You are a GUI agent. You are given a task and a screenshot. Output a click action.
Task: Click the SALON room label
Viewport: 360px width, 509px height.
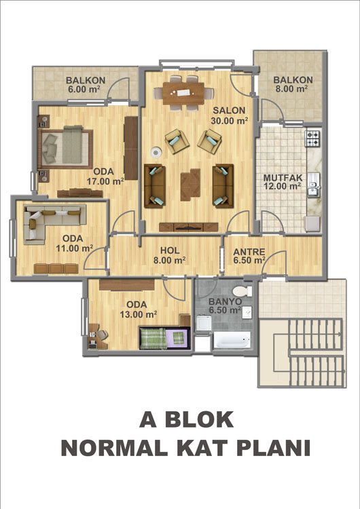(229, 111)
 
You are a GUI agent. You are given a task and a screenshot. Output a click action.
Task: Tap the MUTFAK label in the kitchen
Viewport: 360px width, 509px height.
(283, 178)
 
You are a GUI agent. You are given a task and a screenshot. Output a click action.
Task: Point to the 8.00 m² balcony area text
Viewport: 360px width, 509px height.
(291, 88)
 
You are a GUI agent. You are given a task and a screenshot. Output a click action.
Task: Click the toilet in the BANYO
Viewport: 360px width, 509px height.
(242, 290)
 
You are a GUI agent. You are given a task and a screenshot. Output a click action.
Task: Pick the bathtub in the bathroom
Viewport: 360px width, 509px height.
(232, 339)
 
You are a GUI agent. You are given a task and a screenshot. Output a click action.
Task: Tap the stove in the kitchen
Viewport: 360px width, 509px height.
(313, 138)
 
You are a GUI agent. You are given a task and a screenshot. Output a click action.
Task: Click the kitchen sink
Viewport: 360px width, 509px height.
(314, 185)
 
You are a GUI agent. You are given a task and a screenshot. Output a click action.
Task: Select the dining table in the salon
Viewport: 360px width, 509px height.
(183, 94)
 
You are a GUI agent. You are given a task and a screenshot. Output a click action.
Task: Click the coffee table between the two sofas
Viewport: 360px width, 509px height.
(190, 185)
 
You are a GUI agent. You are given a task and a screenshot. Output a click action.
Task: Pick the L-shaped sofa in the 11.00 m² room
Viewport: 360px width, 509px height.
(52, 221)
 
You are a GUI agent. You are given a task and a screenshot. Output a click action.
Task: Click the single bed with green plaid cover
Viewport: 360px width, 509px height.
(164, 338)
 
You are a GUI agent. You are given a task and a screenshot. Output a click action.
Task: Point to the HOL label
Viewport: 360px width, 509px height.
(170, 250)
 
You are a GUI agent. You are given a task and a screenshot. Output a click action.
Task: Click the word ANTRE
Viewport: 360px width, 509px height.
(249, 252)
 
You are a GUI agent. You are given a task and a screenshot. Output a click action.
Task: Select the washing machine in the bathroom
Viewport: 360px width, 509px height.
(204, 323)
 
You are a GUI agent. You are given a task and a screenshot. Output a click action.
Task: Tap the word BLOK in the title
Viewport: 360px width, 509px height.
(199, 419)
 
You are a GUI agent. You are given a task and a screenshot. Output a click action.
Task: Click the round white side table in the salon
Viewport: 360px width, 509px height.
(157, 152)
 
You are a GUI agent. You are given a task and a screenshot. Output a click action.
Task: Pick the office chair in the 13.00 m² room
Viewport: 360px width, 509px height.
(102, 335)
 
